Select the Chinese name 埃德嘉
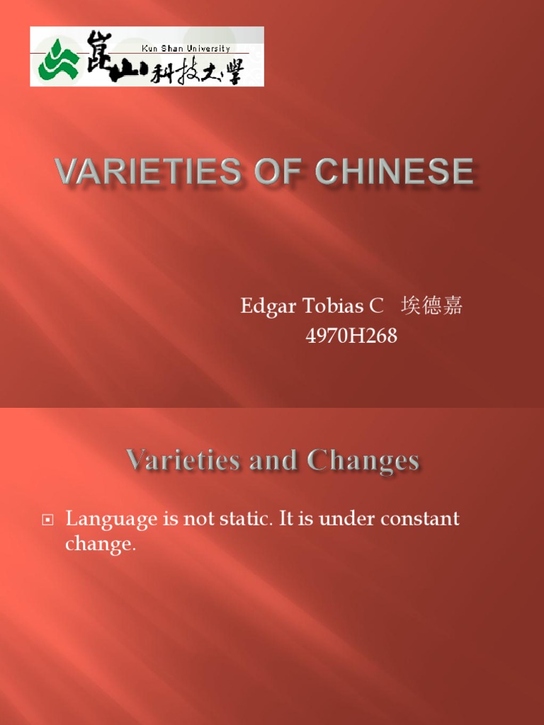coord(431,306)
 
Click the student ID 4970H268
coord(351,336)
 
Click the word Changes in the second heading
coord(363,461)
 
